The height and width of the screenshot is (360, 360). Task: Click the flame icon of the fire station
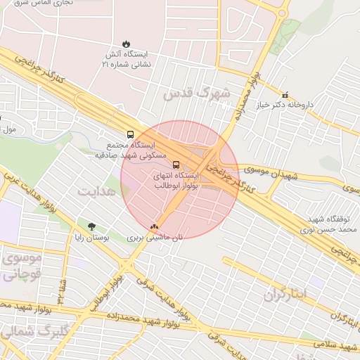tap(126, 44)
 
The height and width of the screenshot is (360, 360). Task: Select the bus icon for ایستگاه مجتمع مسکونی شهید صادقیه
tap(130, 134)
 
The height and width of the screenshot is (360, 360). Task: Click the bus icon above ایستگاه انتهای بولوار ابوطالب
tap(176, 166)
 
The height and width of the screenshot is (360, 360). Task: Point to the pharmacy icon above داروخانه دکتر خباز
tap(285, 94)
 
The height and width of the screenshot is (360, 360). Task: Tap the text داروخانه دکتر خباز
tap(307, 105)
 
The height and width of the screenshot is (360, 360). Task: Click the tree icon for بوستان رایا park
tap(91, 226)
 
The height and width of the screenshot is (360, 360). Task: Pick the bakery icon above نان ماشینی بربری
tap(154, 226)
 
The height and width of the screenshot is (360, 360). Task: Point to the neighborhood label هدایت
tap(95, 192)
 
